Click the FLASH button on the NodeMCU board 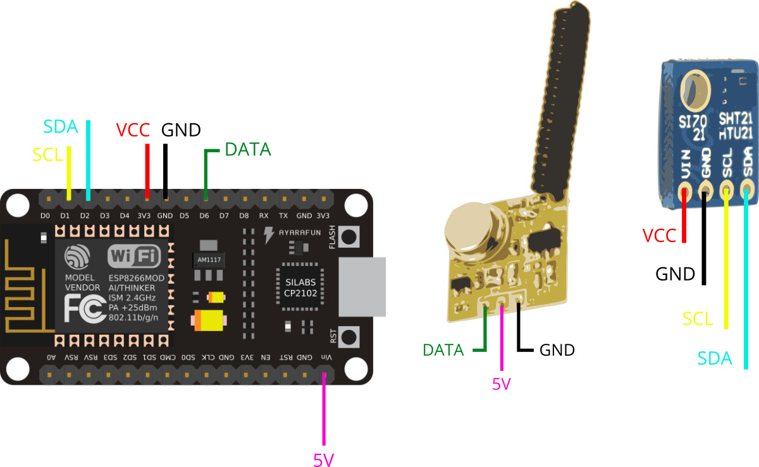349,238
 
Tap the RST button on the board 349,334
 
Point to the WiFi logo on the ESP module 133,256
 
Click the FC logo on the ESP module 82,309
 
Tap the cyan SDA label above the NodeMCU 61,126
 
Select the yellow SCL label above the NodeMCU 48,154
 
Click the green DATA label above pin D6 248,150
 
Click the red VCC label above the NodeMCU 133,131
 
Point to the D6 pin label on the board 204,215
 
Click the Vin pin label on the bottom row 324,358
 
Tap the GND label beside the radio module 557,349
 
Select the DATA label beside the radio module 443,349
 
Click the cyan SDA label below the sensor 715,359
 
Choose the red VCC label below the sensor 659,236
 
